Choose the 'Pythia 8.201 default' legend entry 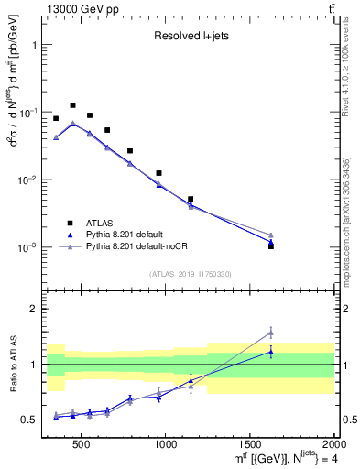pyautogui.click(x=129, y=234)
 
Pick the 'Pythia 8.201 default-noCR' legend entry pyautogui.click(x=137, y=247)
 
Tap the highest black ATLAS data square pyautogui.click(x=73, y=105)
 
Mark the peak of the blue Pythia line pyautogui.click(x=73, y=124)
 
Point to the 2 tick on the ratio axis pyautogui.click(x=35, y=309)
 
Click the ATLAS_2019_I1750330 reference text pyautogui.click(x=191, y=273)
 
